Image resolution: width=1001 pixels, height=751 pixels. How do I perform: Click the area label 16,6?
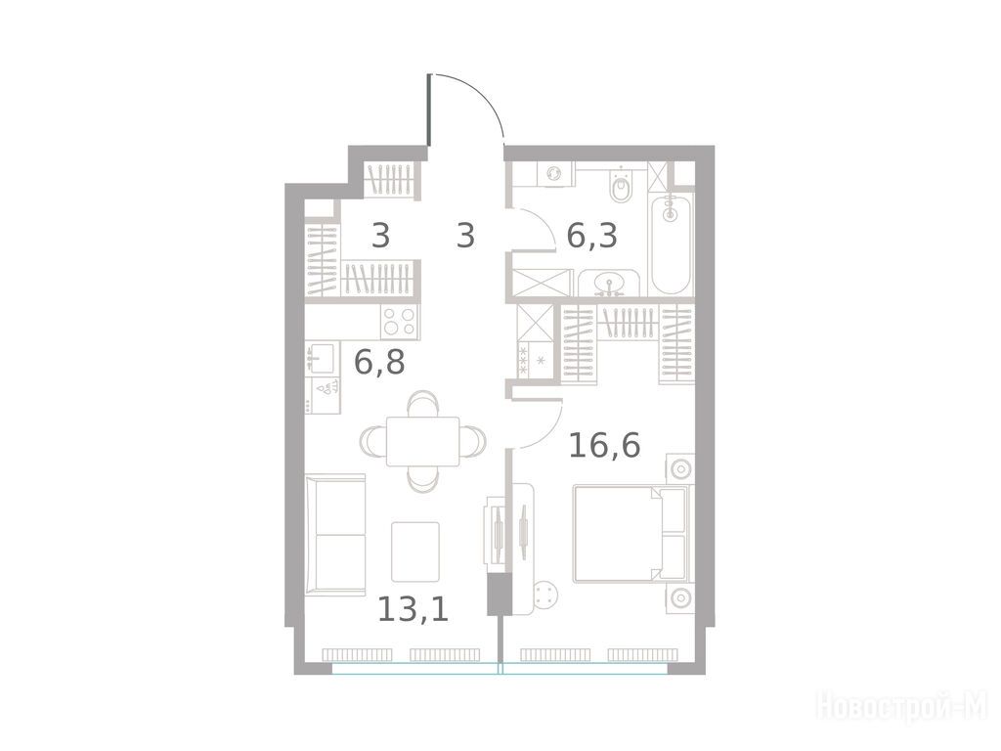point(604,445)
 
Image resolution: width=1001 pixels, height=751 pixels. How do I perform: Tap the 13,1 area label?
point(413,608)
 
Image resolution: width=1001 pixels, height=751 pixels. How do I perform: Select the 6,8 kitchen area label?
point(379,362)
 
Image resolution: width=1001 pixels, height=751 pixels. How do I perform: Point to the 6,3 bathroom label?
point(591,236)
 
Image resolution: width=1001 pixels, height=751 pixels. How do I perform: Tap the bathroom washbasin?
point(608,283)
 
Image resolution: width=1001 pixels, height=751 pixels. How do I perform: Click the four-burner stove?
point(400,321)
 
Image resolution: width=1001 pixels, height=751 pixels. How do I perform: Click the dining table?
point(422,441)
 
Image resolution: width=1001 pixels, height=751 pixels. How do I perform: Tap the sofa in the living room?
point(334,535)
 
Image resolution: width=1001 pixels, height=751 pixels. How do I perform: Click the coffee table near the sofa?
point(414,552)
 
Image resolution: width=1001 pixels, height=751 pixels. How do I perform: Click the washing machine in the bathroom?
point(554,174)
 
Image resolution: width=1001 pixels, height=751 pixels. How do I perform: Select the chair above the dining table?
point(422,403)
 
